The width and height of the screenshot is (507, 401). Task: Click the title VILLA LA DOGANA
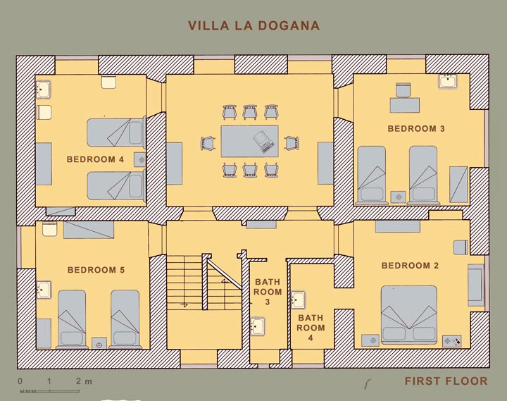pyautogui.click(x=254, y=26)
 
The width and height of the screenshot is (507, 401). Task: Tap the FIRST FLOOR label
pyautogui.click(x=446, y=381)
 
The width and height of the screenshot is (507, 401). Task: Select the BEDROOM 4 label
pyautogui.click(x=95, y=159)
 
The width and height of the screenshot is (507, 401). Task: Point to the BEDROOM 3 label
pyautogui.click(x=416, y=128)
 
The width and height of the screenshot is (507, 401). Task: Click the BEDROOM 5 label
pyautogui.click(x=96, y=270)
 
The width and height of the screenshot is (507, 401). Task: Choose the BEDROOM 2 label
pyautogui.click(x=410, y=266)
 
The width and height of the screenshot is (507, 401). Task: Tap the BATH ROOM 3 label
pyautogui.click(x=268, y=292)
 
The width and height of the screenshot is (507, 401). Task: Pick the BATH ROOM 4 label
pyautogui.click(x=311, y=328)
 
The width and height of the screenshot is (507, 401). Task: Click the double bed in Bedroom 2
pyautogui.click(x=409, y=314)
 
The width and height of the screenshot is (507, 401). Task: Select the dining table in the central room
pyautogui.click(x=249, y=142)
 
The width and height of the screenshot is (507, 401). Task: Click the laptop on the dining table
pyautogui.click(x=263, y=142)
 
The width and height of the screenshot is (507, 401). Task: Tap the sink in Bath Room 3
pyautogui.click(x=258, y=326)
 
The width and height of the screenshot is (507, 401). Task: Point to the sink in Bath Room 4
pyautogui.click(x=298, y=300)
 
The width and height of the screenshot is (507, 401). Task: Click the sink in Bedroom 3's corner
pyautogui.click(x=448, y=81)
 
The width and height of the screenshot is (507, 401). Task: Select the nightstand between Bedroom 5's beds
pyautogui.click(x=99, y=343)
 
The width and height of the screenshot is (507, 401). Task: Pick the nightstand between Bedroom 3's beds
pyautogui.click(x=398, y=197)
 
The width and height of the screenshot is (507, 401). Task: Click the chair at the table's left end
pyautogui.click(x=208, y=143)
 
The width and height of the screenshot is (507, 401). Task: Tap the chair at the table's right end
pyautogui.click(x=292, y=143)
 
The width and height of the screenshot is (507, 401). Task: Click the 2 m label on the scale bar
pyautogui.click(x=84, y=381)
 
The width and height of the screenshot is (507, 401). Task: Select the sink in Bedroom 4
pyautogui.click(x=43, y=89)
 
